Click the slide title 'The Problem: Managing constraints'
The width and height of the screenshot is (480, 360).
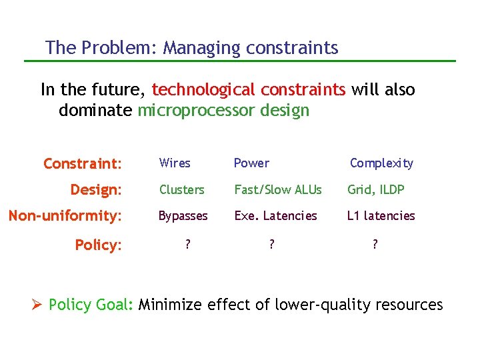[192, 48]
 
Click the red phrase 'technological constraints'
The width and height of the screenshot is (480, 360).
[249, 90]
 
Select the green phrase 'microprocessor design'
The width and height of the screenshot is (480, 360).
[223, 111]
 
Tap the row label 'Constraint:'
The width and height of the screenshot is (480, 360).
[83, 163]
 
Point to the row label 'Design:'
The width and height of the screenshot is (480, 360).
[96, 190]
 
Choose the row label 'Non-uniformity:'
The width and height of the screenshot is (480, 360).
[65, 216]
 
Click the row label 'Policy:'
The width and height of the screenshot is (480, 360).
[98, 245]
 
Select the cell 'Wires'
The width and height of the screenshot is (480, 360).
[175, 163]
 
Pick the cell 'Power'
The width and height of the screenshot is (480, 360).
[251, 163]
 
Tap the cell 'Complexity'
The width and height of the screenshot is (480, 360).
[381, 163]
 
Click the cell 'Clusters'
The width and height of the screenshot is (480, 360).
[181, 190]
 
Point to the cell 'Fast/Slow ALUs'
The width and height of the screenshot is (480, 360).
[277, 190]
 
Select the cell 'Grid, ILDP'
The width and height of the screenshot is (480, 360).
[375, 190]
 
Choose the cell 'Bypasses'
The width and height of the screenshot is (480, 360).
[183, 216]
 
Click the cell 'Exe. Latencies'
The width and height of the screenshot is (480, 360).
[275, 216]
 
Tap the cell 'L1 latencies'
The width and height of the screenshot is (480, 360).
[381, 216]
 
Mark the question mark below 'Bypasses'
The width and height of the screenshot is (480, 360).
[187, 245]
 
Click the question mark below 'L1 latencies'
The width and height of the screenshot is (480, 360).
[375, 245]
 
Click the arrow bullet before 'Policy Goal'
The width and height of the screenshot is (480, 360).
[37, 305]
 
